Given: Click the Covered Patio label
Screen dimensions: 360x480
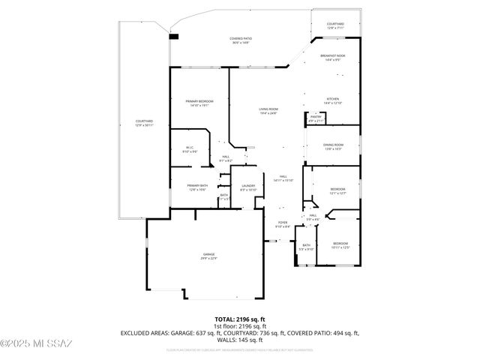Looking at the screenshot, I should (240, 39).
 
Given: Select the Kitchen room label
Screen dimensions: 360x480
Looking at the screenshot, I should (332, 100).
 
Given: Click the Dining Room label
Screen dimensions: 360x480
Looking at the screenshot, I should (333, 145).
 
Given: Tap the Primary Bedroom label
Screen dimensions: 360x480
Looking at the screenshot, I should (199, 103).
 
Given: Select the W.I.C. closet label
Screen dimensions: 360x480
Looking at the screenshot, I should (190, 149).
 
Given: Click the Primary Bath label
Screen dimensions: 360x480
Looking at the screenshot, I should (197, 187).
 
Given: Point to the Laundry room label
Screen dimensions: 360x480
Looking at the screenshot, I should (247, 187).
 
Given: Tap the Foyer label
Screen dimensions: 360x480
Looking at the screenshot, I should (283, 223).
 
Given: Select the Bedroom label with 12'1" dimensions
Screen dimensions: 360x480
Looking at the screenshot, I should (337, 190).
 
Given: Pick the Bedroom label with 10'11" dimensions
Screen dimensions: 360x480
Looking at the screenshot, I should (340, 244).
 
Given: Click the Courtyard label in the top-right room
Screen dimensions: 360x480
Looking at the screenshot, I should (335, 25).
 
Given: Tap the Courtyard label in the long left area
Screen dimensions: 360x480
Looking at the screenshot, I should (144, 122).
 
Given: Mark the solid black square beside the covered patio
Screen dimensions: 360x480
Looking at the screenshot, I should (174, 34).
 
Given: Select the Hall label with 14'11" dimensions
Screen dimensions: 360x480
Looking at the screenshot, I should (283, 178).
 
